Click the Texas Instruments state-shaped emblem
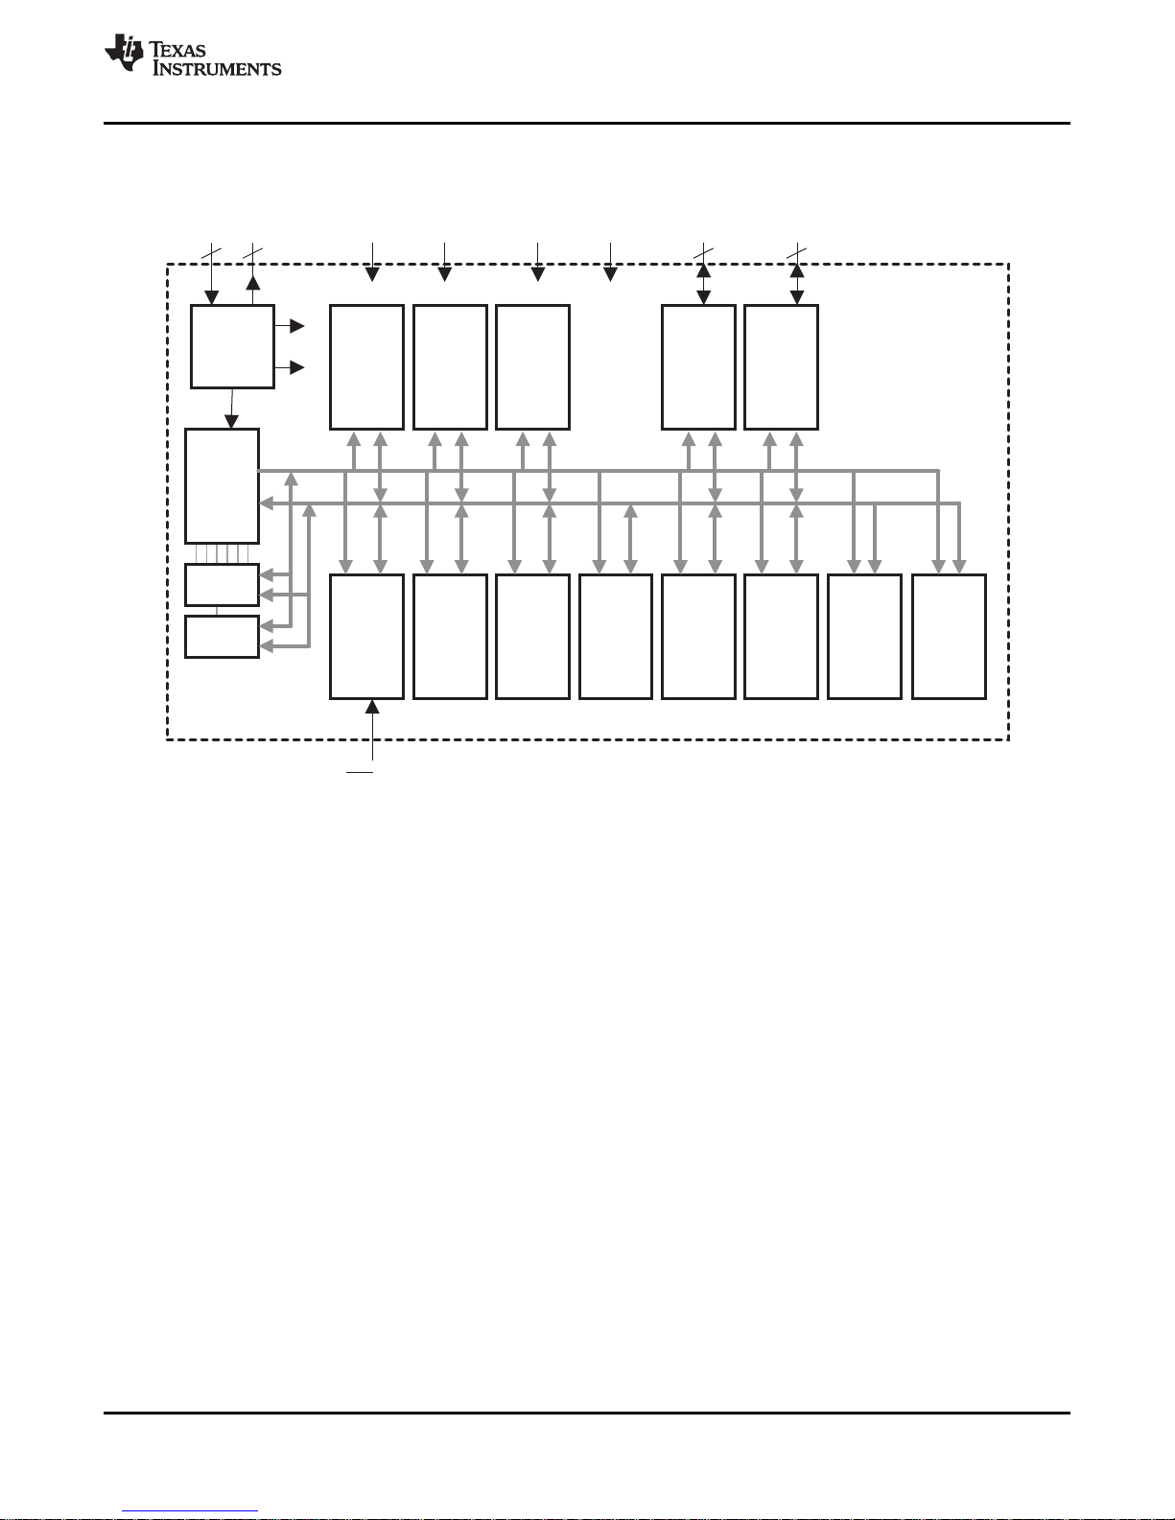pyautogui.click(x=124, y=53)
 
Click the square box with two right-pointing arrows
pyautogui.click(x=232, y=346)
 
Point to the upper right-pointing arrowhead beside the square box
pyautogui.click(x=297, y=327)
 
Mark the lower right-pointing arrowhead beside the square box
pyautogui.click(x=297, y=367)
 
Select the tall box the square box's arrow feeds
pyautogui.click(x=222, y=485)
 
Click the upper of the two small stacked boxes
pyautogui.click(x=222, y=585)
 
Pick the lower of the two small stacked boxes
pyautogui.click(x=222, y=637)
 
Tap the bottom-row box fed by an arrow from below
pyautogui.click(x=366, y=637)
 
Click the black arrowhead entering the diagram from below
pyautogui.click(x=372, y=707)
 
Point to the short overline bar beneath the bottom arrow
pyautogui.click(x=360, y=769)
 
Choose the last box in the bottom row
pyautogui.click(x=949, y=637)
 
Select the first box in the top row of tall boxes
pyautogui.click(x=366, y=367)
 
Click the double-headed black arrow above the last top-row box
pyautogui.click(x=796, y=284)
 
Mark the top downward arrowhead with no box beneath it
pyautogui.click(x=610, y=275)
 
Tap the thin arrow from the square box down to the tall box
pyautogui.click(x=231, y=408)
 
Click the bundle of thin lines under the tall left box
pyautogui.click(x=222, y=553)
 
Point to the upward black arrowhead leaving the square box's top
pyautogui.click(x=252, y=283)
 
